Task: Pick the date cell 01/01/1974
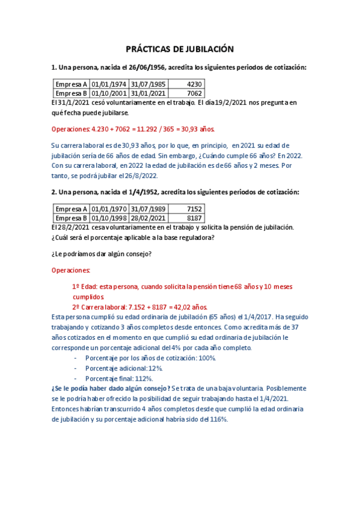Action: pyautogui.click(x=109, y=84)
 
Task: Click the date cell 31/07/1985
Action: pyautogui.click(x=148, y=84)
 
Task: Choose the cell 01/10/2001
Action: pyautogui.click(x=109, y=94)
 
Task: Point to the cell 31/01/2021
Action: pyautogui.click(x=148, y=94)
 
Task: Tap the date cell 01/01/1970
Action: pyautogui.click(x=109, y=208)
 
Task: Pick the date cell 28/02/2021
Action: pyautogui.click(x=148, y=218)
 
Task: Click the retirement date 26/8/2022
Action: pyautogui.click(x=141, y=175)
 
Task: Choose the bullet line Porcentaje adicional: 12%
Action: pyautogui.click(x=124, y=368)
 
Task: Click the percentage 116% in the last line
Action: pyautogui.click(x=219, y=419)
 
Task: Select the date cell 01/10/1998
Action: pyautogui.click(x=109, y=218)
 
